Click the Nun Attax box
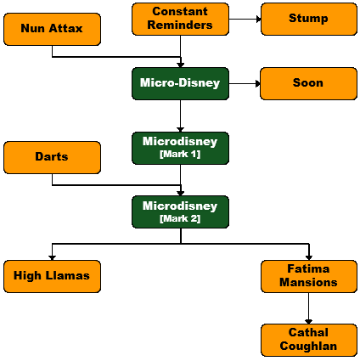click(x=52, y=29)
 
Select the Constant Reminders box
click(x=180, y=19)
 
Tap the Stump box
click(x=309, y=19)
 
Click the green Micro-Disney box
click(x=180, y=83)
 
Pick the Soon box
click(x=308, y=83)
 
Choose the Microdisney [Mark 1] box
click(x=180, y=148)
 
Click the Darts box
click(x=52, y=157)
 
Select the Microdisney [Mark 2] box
click(x=180, y=212)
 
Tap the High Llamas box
click(x=52, y=276)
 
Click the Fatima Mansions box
click(x=309, y=276)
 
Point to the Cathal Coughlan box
click(x=309, y=340)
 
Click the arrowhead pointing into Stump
click(x=258, y=19)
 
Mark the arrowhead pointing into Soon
click(x=258, y=83)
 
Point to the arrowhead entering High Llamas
click(x=52, y=258)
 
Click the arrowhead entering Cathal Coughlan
click(x=308, y=322)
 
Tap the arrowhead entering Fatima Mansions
click(x=309, y=258)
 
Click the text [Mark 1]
click(x=180, y=154)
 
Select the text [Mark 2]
click(x=180, y=218)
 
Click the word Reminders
click(x=180, y=25)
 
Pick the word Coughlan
click(x=308, y=346)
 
